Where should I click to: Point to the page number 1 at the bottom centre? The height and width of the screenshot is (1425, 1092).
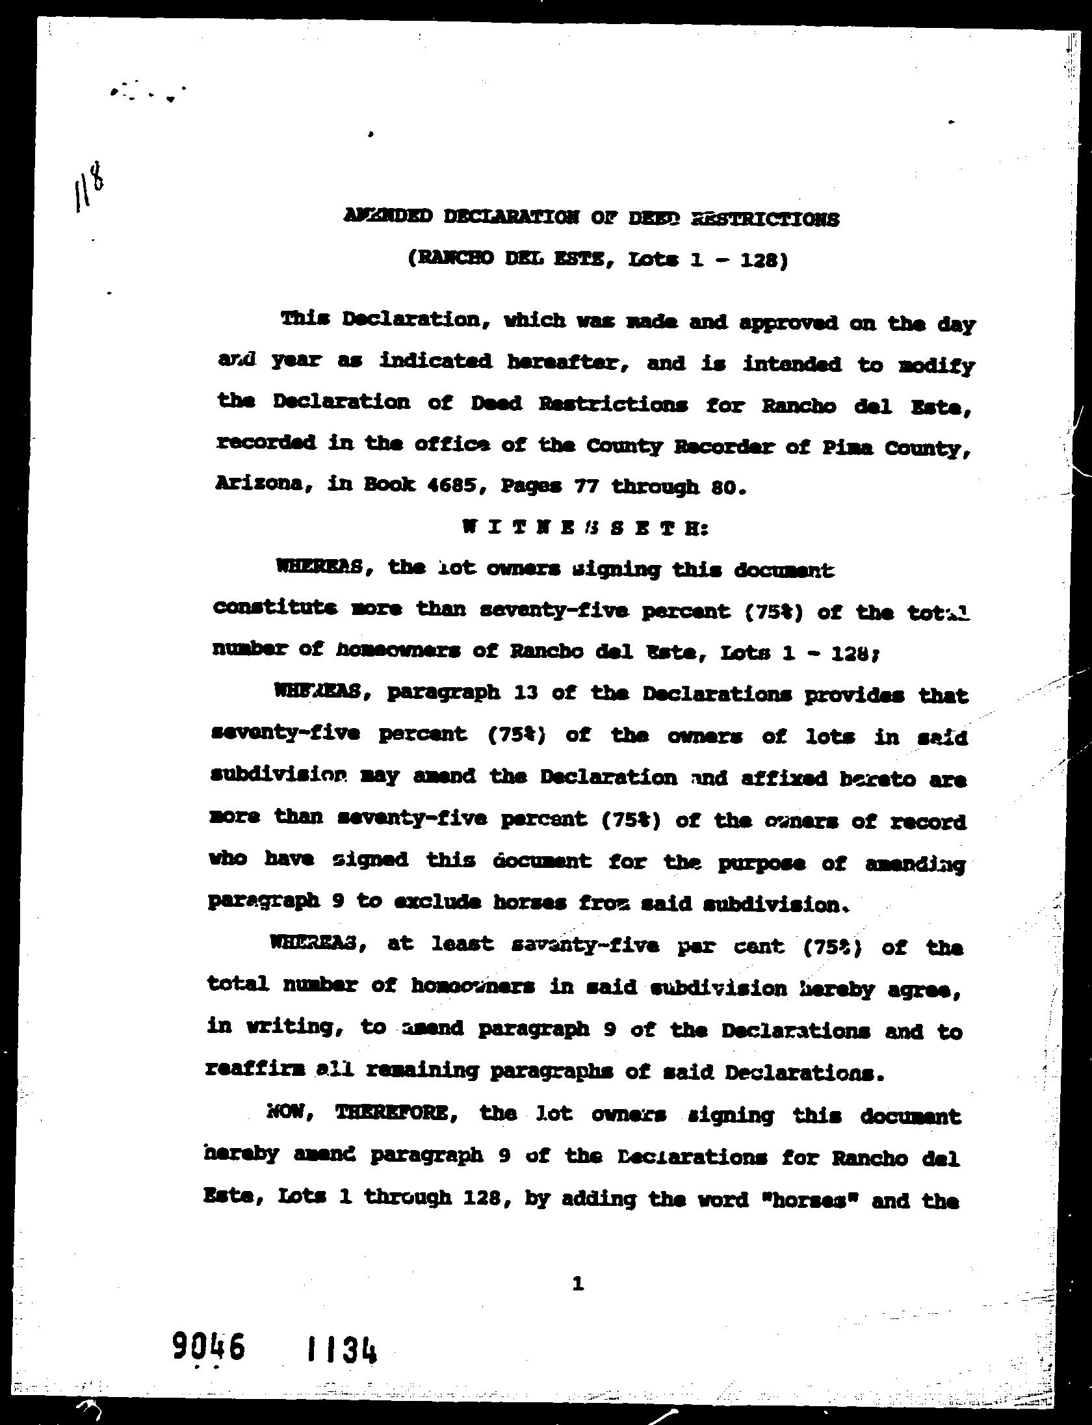coord(577,1283)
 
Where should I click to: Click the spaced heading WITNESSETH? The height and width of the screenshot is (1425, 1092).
coord(584,528)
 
